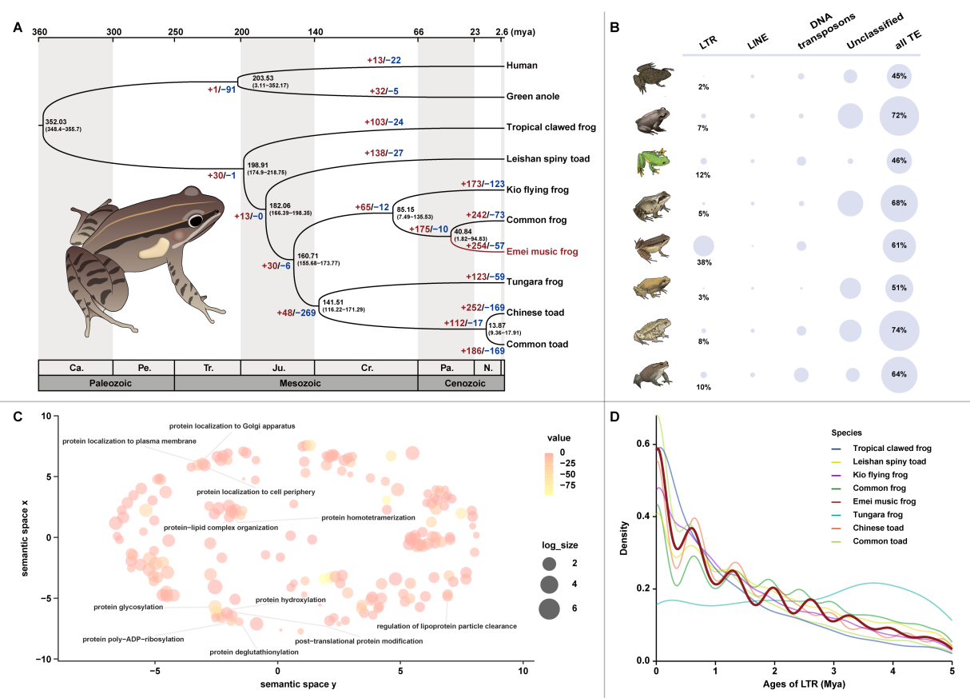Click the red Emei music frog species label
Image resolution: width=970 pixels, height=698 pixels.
pos(541,252)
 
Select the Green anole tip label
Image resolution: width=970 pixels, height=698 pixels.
pos(533,96)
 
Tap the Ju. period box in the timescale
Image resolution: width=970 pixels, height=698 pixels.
pos(277,367)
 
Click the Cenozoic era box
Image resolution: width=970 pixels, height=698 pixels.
pos(461,383)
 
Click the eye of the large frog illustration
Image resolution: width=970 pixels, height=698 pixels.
pos(197,220)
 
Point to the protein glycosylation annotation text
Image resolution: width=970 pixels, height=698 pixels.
pos(128,607)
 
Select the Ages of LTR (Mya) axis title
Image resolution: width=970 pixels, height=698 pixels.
pos(803,686)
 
